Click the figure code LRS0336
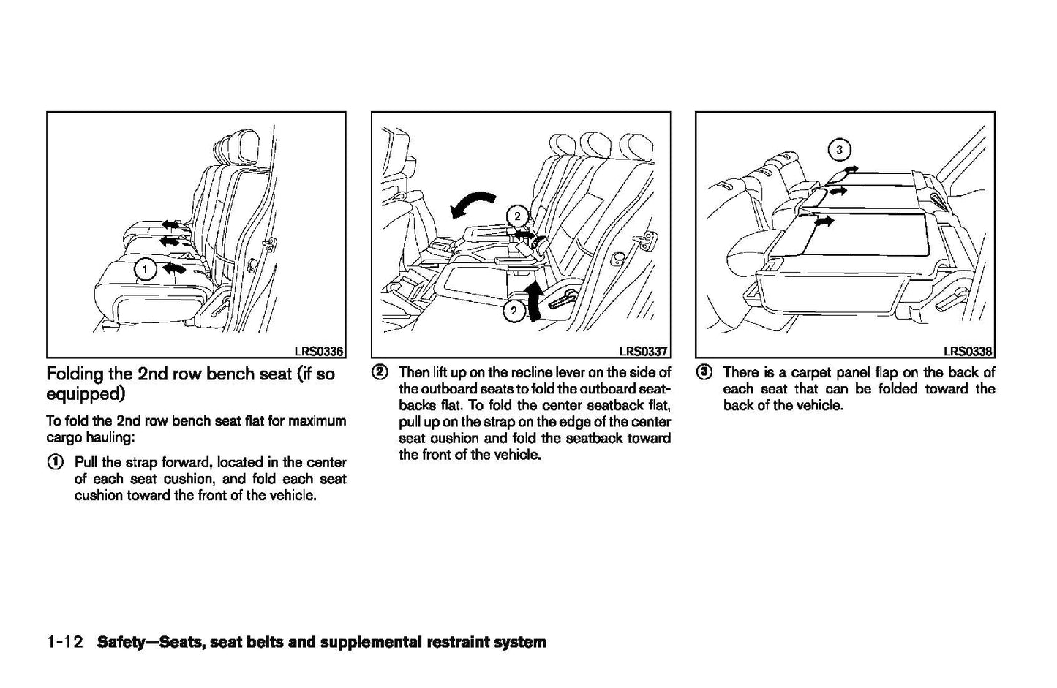[x=319, y=352]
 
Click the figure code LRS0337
[x=644, y=352]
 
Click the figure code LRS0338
[x=968, y=352]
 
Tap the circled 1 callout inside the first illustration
[x=145, y=270]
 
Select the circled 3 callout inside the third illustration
[x=839, y=151]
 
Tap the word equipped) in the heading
[x=86, y=395]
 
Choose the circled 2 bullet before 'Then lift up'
[x=380, y=373]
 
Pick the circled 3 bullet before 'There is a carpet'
[x=704, y=373]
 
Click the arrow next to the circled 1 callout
[x=173, y=269]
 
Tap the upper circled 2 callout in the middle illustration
[x=517, y=216]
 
